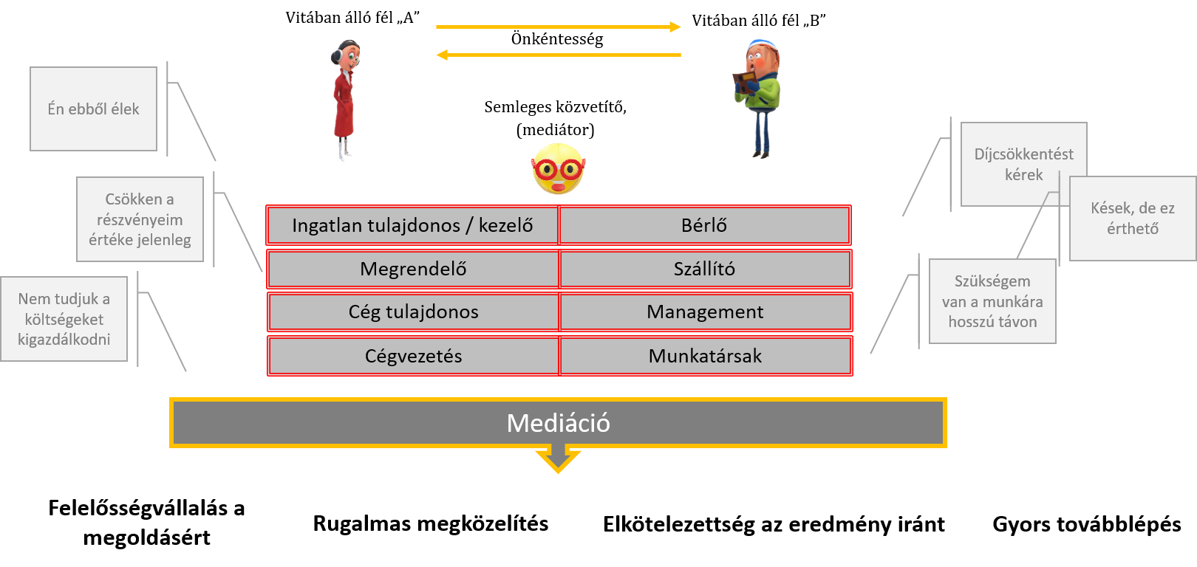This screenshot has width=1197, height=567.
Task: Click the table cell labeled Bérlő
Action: (704, 225)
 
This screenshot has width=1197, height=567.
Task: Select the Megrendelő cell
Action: (413, 269)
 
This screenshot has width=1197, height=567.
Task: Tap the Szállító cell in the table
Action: (705, 269)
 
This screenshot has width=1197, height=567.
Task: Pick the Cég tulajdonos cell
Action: (413, 312)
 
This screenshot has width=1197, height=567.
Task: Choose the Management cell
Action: (706, 312)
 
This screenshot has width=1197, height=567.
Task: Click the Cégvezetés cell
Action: (413, 356)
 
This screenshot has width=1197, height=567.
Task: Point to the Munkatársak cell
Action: (706, 356)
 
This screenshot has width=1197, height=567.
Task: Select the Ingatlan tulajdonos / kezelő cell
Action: (412, 225)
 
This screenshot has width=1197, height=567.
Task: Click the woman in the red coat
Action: (344, 100)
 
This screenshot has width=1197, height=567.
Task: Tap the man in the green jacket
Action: (758, 99)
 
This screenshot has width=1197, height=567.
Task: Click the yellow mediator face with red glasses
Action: (559, 169)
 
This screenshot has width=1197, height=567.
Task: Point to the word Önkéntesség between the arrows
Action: (557, 40)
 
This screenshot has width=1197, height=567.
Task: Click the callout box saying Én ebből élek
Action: (94, 109)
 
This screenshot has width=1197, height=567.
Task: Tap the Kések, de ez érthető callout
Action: (1133, 219)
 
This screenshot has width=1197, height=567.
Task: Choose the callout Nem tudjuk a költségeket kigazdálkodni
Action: (64, 319)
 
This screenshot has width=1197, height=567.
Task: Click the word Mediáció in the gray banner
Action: (559, 423)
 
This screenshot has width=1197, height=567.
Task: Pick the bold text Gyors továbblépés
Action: (1087, 524)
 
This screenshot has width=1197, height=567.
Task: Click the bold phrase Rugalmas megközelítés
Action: (431, 523)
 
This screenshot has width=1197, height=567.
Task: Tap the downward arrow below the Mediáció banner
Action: (559, 460)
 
